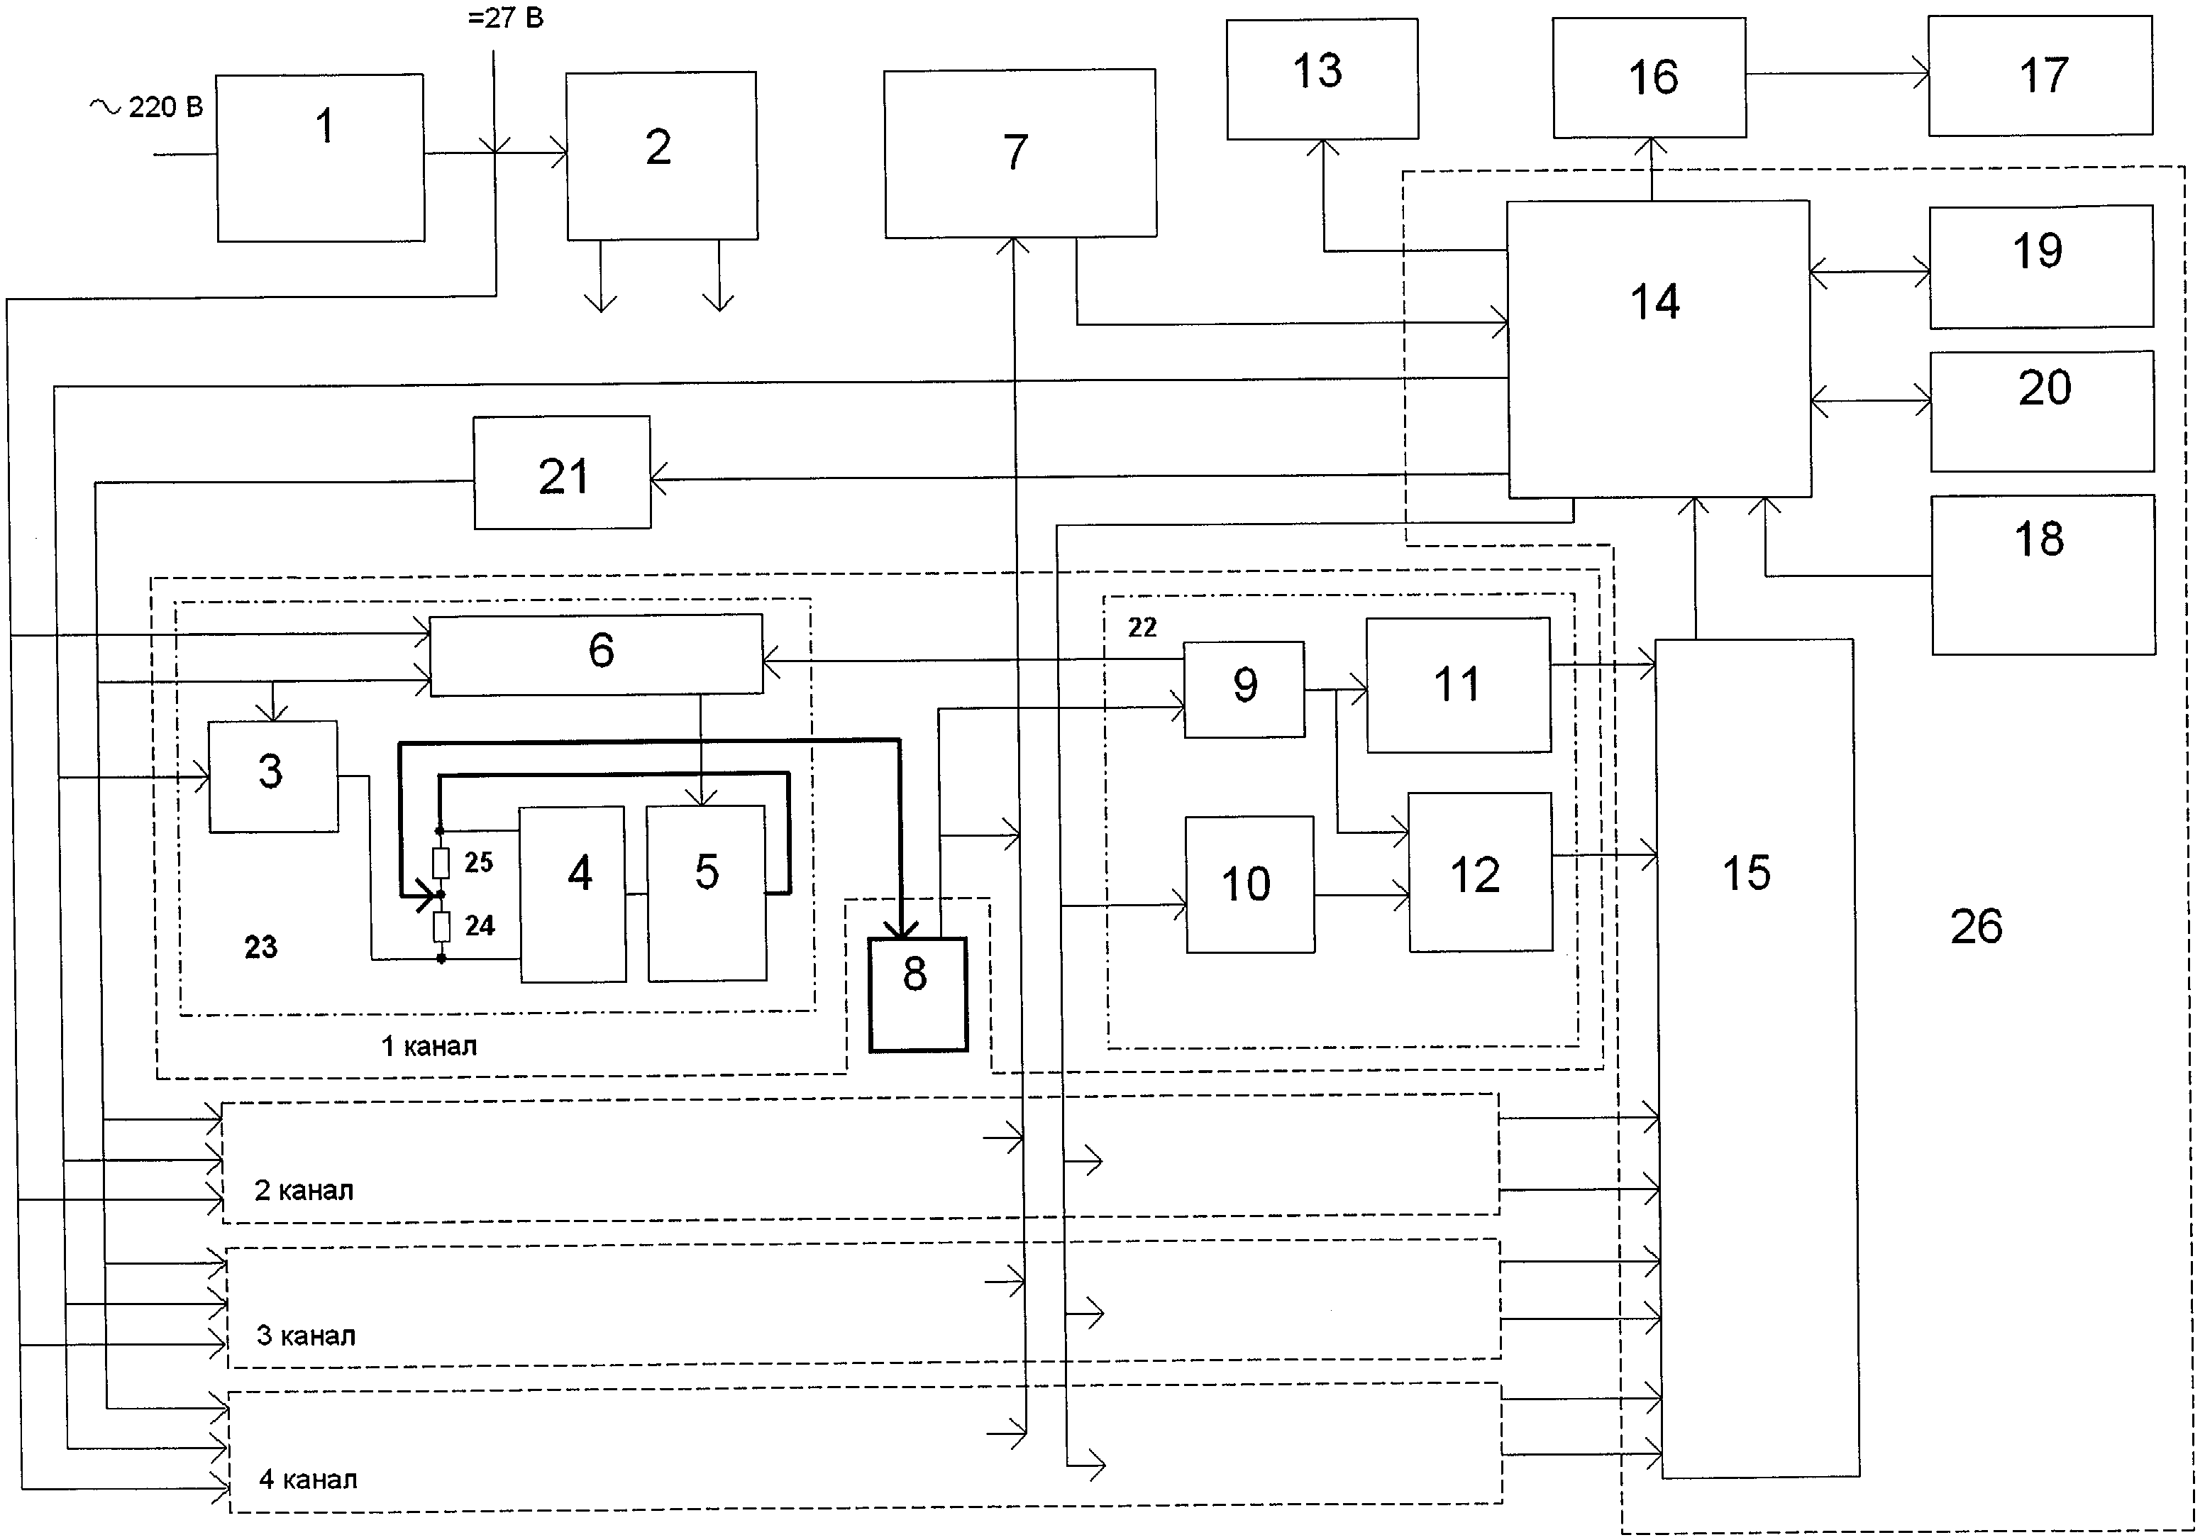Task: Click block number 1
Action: click(321, 158)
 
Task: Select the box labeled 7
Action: click(1020, 153)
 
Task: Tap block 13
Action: click(1322, 79)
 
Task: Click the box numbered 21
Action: click(562, 473)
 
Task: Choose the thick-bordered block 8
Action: click(917, 994)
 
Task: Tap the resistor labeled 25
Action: click(441, 864)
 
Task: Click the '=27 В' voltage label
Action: click(505, 18)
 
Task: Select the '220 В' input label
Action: click(165, 106)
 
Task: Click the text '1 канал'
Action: click(429, 1046)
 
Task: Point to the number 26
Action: click(1975, 927)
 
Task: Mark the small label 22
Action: click(1142, 627)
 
